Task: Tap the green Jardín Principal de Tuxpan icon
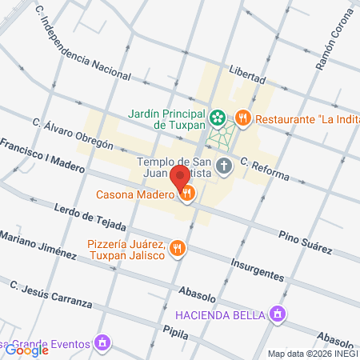tap(216, 119)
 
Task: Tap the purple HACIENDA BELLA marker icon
tap(277, 314)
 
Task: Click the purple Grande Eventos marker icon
tap(102, 343)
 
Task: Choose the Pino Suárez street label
tap(305, 242)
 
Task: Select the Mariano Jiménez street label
tap(38, 246)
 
